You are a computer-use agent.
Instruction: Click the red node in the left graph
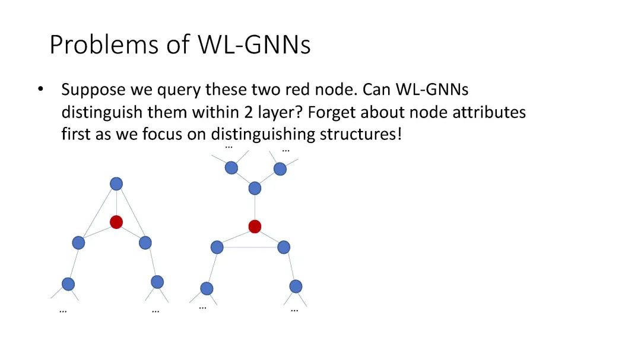[116, 222]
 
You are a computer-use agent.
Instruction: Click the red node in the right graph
[255, 226]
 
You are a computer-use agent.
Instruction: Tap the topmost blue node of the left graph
[116, 184]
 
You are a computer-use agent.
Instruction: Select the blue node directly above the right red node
[255, 189]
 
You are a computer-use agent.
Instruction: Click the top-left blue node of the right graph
[231, 168]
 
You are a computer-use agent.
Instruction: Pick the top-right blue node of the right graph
[280, 169]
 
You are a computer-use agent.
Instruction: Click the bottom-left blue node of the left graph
[68, 284]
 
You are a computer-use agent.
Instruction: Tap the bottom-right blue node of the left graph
[157, 282]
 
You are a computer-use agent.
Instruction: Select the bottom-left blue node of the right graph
[207, 288]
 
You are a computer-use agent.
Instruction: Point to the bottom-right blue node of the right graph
[296, 286]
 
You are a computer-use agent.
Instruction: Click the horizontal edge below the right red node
[250, 247]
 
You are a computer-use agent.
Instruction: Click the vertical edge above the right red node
[255, 208]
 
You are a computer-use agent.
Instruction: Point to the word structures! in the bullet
[361, 134]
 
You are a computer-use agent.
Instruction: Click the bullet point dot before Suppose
[40, 90]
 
